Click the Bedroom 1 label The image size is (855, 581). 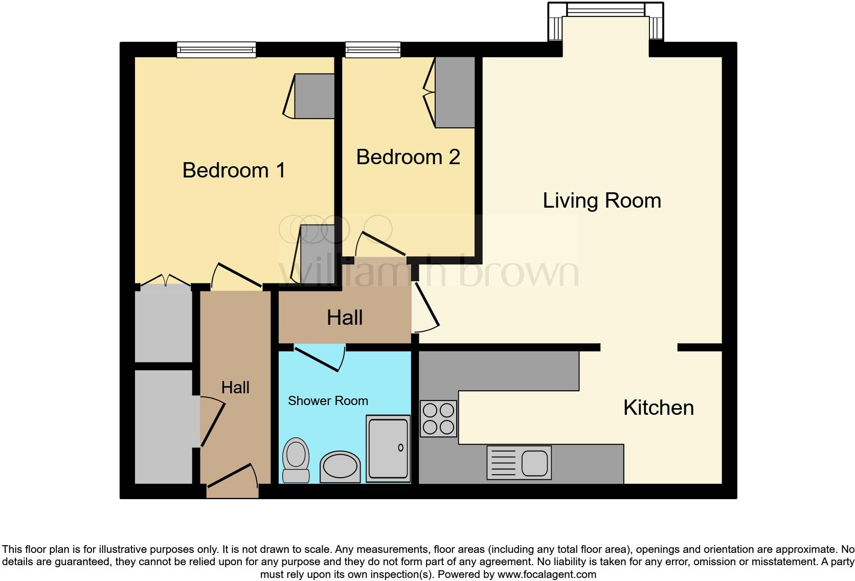[234, 170]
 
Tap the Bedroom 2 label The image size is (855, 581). [408, 157]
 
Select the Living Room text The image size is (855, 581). [602, 200]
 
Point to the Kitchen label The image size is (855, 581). [658, 408]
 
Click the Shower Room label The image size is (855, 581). [328, 401]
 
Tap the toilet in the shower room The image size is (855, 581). [296, 459]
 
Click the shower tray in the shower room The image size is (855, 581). [389, 449]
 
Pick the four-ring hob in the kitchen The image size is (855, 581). [438, 418]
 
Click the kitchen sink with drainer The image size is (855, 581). [519, 462]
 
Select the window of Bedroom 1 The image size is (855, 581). [216, 50]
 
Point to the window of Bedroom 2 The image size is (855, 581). [373, 50]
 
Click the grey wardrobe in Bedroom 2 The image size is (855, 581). [455, 92]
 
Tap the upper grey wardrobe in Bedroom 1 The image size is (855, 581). [314, 96]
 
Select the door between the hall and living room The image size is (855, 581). [425, 307]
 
